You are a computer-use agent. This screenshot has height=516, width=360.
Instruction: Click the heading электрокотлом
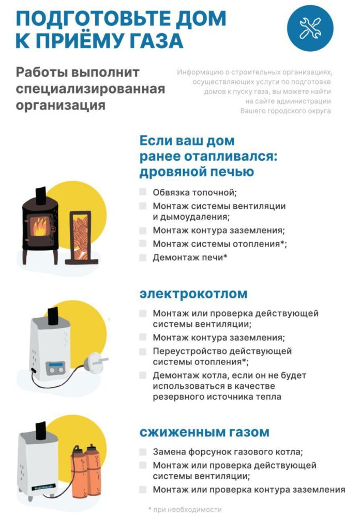point(193,294)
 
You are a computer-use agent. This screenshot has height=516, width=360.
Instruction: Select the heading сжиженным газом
point(204,432)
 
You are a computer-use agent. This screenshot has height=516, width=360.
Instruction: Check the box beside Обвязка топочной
point(143,192)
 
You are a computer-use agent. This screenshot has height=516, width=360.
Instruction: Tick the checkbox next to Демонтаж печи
point(143,256)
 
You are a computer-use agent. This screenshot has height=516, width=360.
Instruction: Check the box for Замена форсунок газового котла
point(143,451)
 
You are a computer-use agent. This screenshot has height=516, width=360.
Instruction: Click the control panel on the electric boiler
point(55,368)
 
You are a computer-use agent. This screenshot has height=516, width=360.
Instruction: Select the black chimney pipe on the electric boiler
point(52,316)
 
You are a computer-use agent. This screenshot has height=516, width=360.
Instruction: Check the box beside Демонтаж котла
point(143,375)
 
